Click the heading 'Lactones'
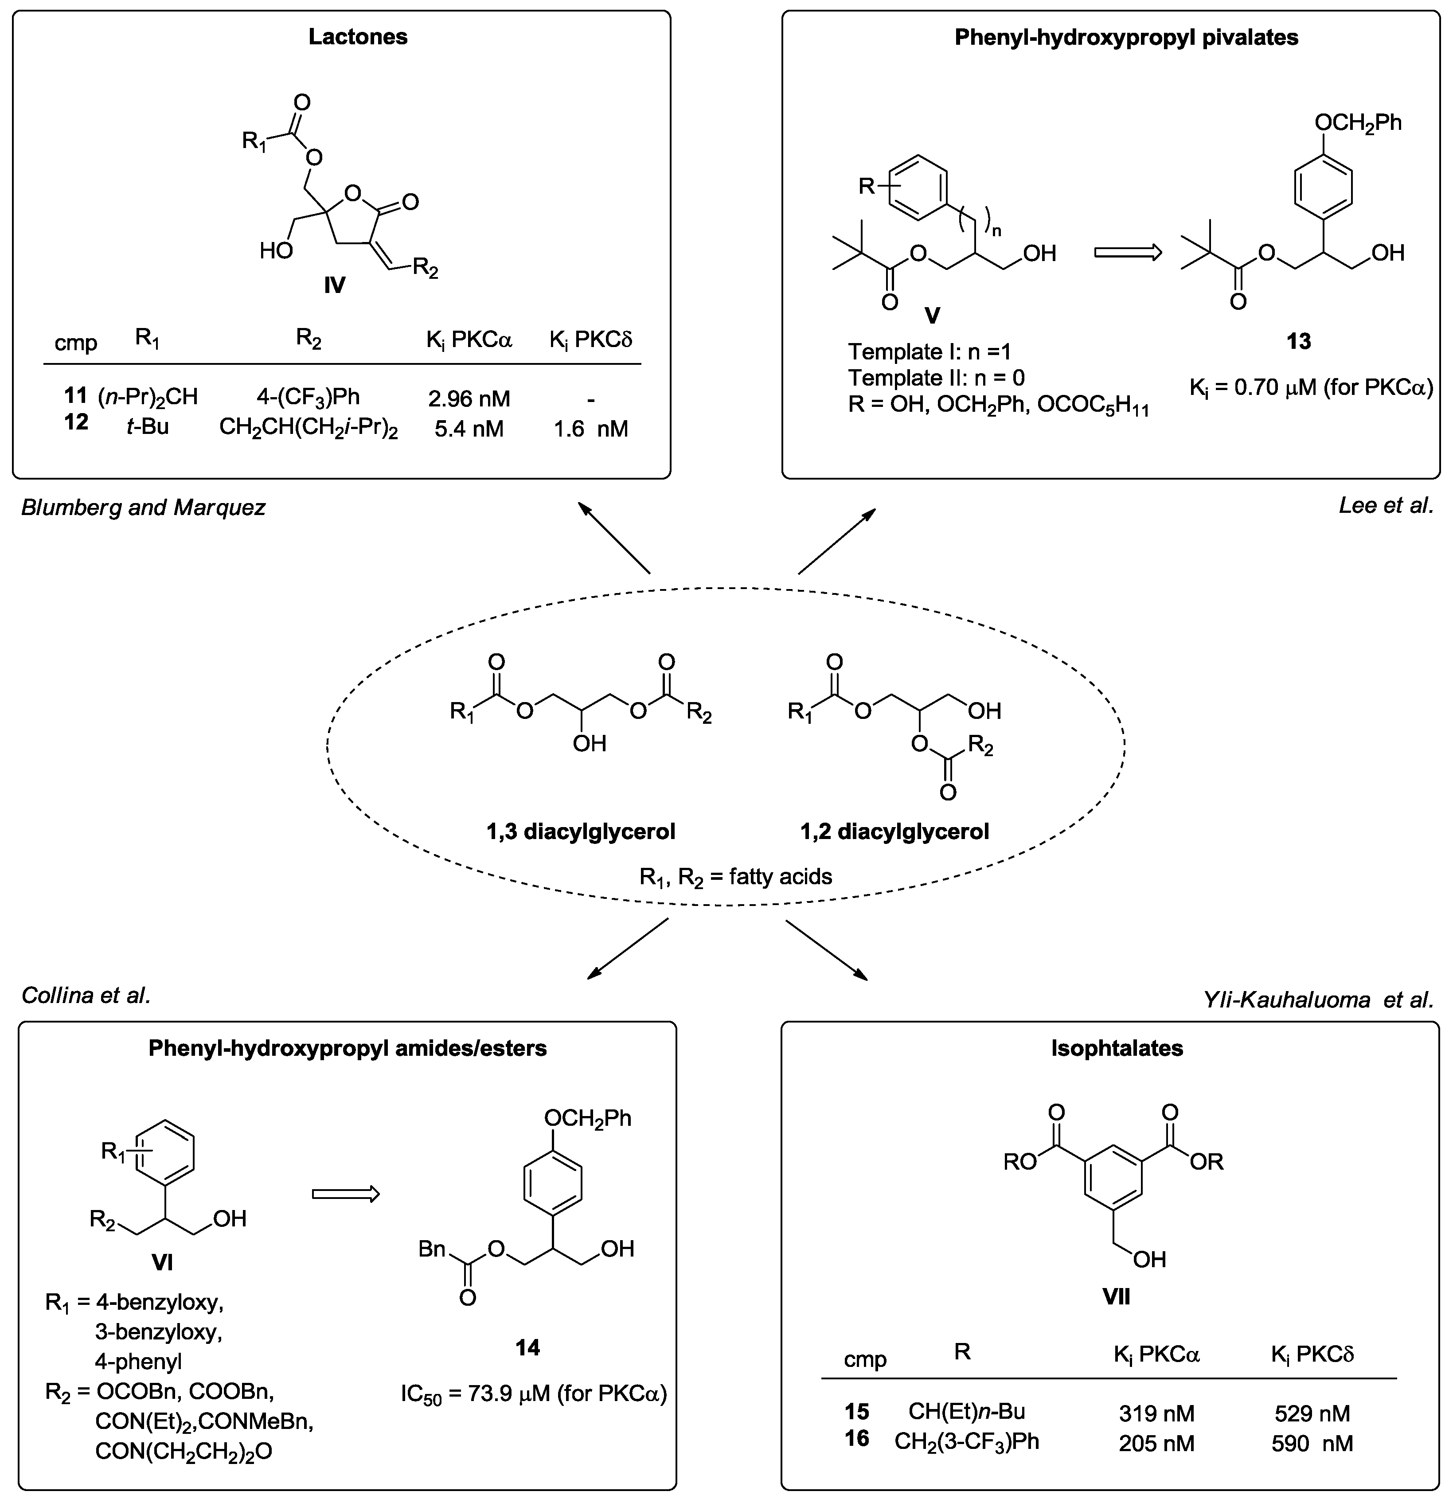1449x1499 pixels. click(x=358, y=37)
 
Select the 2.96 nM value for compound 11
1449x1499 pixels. click(x=468, y=398)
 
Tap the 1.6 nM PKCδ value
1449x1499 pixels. click(x=590, y=429)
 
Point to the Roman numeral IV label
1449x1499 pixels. click(x=334, y=285)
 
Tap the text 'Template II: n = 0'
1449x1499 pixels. click(x=936, y=378)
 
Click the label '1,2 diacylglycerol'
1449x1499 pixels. click(x=894, y=831)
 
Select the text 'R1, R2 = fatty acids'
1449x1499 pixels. click(x=736, y=876)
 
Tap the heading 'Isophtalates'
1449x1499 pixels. click(x=1117, y=1048)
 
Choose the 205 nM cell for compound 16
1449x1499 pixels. click(x=1156, y=1443)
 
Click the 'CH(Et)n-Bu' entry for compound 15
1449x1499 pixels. click(x=966, y=1411)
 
